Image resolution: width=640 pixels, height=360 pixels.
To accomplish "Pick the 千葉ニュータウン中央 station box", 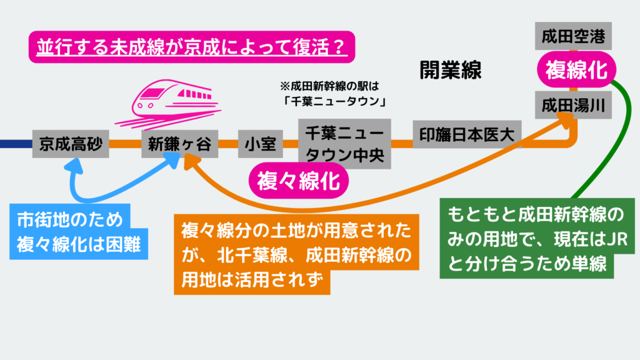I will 344,143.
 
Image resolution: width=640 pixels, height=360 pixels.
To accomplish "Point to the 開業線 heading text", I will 450,69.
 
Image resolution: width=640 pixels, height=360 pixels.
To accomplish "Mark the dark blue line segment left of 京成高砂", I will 16,144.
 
